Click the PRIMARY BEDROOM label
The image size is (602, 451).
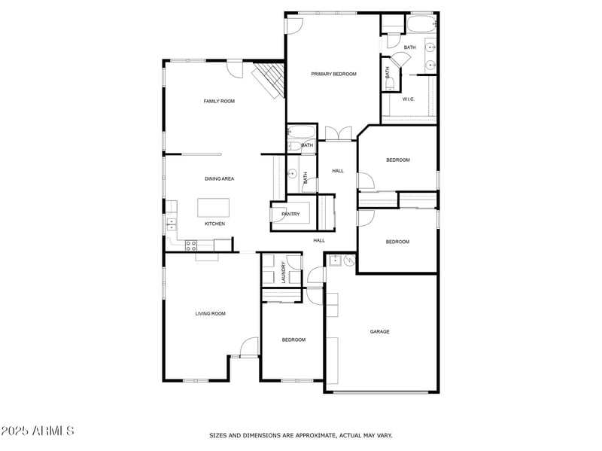click(x=333, y=74)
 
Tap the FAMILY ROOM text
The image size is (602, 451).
click(x=219, y=101)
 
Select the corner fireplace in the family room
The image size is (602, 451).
click(x=269, y=81)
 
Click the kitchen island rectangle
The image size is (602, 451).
click(x=214, y=207)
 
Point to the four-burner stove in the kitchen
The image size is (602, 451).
click(x=191, y=244)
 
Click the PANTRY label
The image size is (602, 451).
click(x=290, y=214)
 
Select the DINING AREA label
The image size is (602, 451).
click(x=219, y=178)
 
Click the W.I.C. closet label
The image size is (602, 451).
click(x=409, y=99)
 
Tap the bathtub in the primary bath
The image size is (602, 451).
click(x=420, y=25)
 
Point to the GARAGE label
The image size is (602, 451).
click(x=379, y=331)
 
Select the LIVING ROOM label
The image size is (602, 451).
click(x=211, y=313)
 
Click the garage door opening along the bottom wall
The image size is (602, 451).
click(x=382, y=392)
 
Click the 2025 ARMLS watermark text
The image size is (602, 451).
click(x=38, y=431)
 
